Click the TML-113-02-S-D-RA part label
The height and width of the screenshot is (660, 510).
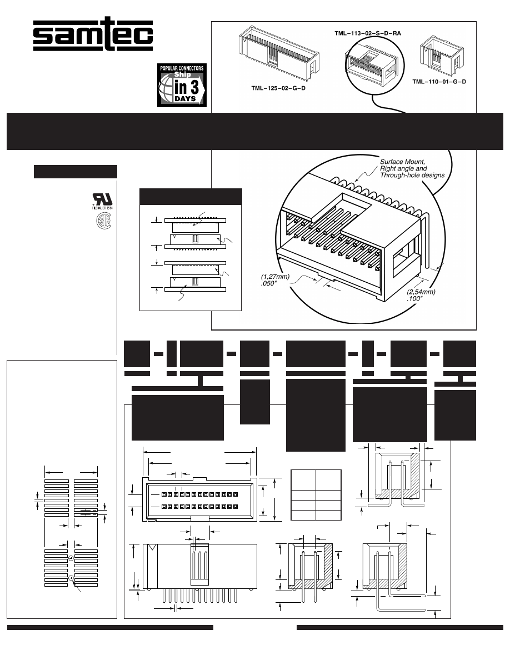(x=367, y=33)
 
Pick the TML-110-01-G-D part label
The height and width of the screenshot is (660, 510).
(x=439, y=82)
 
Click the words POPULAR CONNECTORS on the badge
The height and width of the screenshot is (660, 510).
(x=182, y=68)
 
